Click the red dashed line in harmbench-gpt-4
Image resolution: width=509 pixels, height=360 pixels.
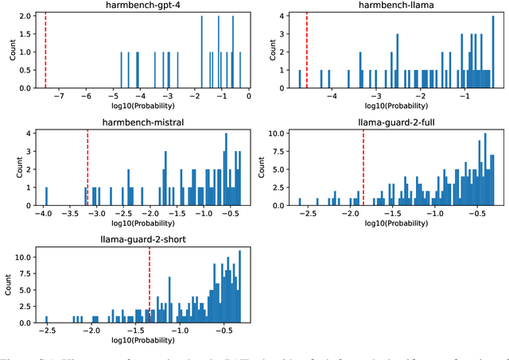[45, 52]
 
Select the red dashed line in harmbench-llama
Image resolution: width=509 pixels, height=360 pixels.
[307, 52]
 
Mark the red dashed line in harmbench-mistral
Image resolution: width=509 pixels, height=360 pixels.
[87, 167]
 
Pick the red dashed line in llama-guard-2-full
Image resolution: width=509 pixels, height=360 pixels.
[363, 167]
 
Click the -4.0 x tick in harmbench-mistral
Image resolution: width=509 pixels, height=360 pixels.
[46, 215]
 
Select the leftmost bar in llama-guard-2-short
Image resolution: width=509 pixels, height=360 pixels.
[46, 319]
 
